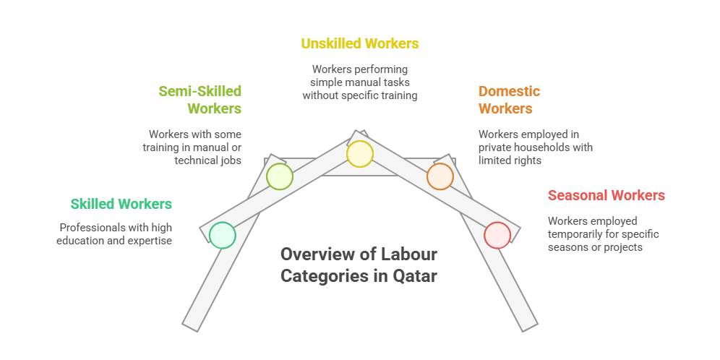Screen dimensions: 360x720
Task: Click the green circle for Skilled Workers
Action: tap(222, 235)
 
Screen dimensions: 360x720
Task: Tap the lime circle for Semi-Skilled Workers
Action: tap(279, 176)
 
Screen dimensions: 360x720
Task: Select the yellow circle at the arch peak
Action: tap(359, 154)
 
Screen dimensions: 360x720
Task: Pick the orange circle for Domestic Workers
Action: tap(440, 176)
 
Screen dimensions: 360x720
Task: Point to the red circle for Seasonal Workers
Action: tap(497, 235)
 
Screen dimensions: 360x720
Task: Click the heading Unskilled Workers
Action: tap(359, 43)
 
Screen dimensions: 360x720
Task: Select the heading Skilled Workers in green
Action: tap(121, 204)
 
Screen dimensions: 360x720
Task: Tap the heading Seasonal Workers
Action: tap(606, 195)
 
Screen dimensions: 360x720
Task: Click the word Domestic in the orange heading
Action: tap(509, 92)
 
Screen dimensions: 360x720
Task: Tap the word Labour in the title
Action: tap(410, 254)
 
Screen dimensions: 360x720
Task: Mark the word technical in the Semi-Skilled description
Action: tap(196, 160)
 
